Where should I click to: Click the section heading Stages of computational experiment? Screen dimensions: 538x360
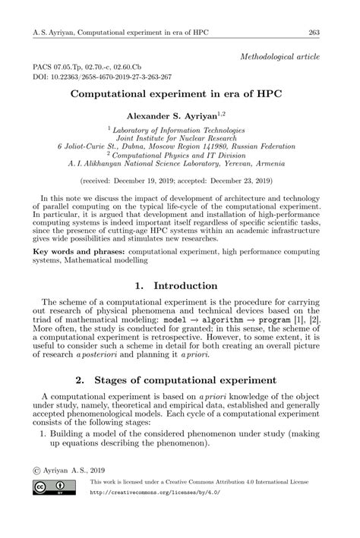point(192,379)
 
